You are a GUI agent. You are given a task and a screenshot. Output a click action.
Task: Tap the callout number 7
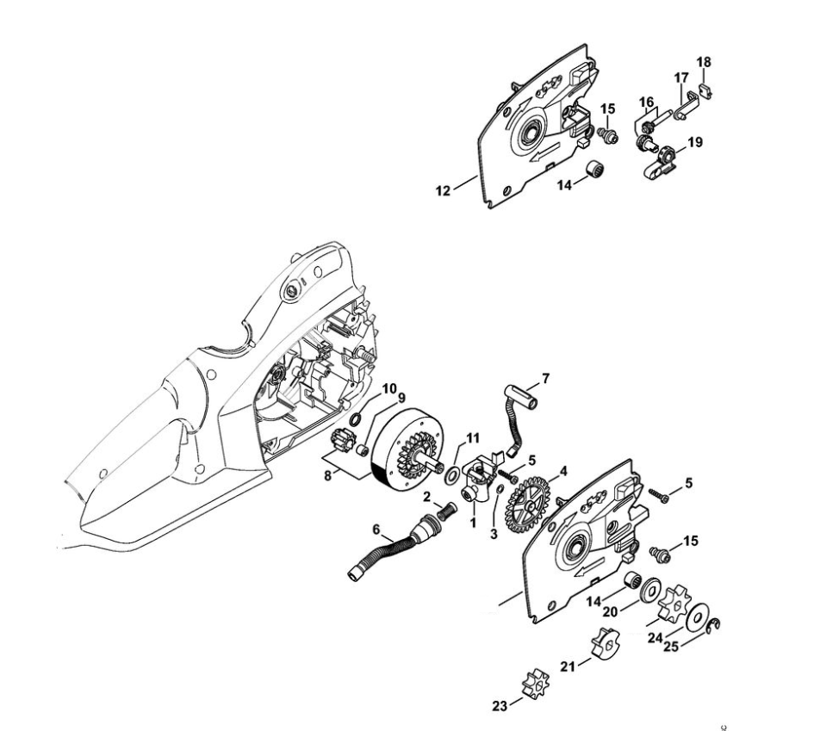tap(544, 379)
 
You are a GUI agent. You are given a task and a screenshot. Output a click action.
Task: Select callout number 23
tap(499, 704)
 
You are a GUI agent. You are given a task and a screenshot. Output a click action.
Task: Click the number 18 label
tap(704, 62)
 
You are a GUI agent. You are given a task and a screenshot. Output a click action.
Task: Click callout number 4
tap(563, 471)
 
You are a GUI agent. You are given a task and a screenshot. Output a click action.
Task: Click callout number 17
tap(680, 77)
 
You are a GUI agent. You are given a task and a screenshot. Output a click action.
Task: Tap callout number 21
tap(568, 666)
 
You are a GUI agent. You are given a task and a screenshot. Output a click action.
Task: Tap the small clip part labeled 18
tap(705, 88)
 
